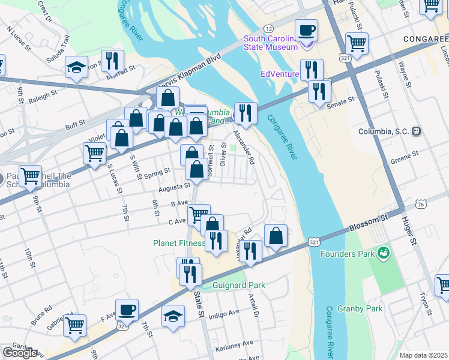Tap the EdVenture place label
point(279,74)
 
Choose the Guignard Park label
point(239,285)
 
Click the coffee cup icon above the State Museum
point(306,30)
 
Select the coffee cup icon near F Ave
point(127,310)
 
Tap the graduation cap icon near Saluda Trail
point(76,67)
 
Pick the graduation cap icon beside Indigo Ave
point(173,316)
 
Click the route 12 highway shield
point(269,29)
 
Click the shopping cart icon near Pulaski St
point(357,44)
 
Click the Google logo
point(20,353)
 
